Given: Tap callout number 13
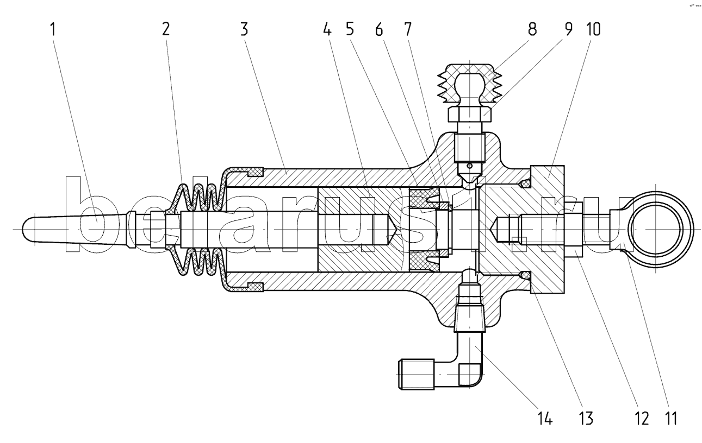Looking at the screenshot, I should (585, 419).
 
